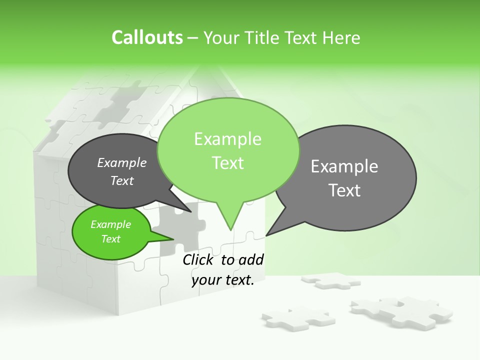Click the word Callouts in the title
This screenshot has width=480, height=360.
147,38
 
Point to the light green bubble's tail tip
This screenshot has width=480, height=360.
230,229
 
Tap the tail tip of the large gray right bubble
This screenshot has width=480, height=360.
267,234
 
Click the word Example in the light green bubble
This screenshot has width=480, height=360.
228,139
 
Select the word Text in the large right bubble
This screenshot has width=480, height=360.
345,190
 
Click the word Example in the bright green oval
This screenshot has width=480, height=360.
111,224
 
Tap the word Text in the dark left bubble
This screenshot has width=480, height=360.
122,181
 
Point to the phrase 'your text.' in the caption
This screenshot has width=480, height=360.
223,280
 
